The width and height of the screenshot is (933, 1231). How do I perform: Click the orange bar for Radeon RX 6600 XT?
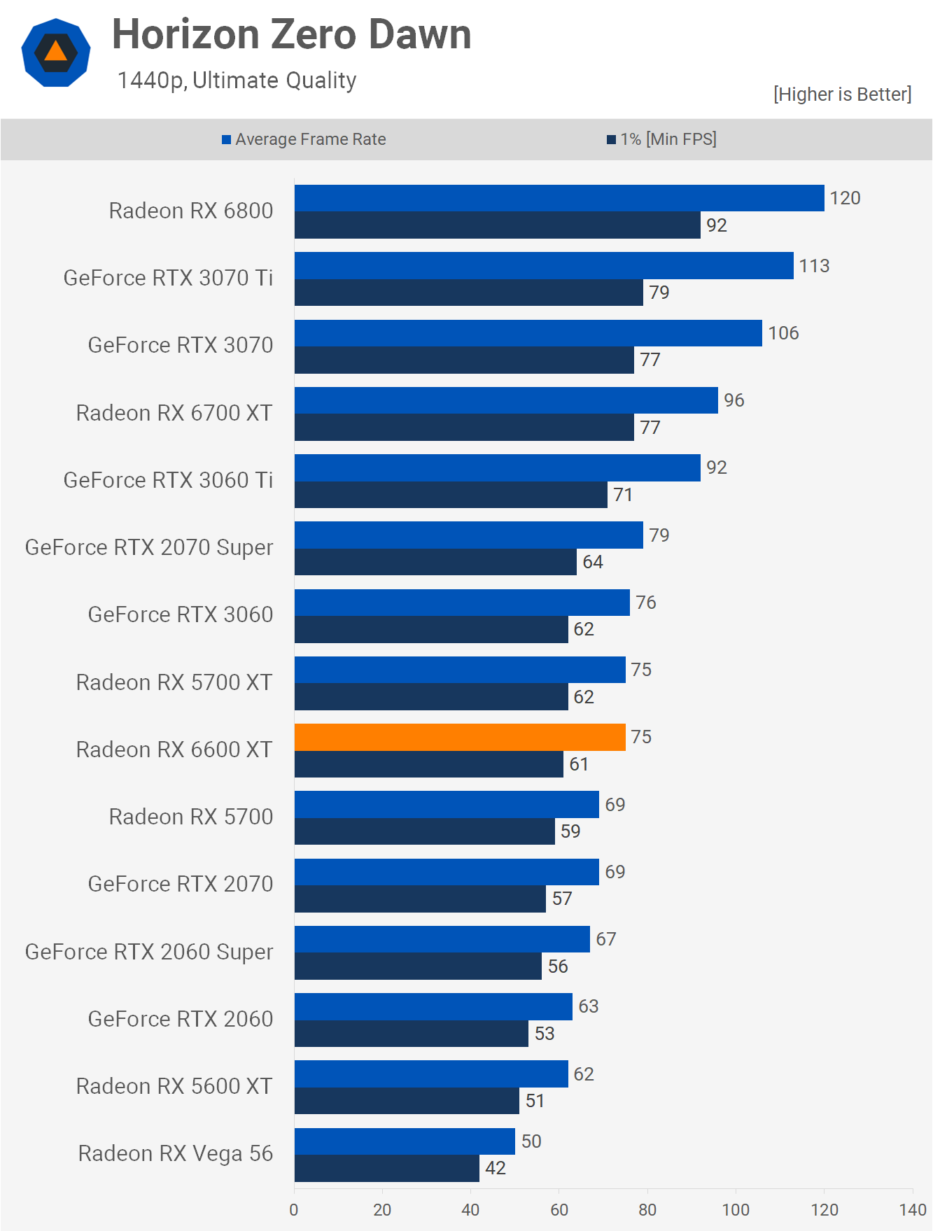(460, 737)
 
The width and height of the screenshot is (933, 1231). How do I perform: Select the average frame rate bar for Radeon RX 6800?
(559, 198)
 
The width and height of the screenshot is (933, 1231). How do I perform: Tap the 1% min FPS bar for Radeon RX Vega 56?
(386, 1168)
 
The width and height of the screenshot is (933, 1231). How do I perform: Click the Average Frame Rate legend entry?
(304, 139)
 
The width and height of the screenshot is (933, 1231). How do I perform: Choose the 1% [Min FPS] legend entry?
(661, 139)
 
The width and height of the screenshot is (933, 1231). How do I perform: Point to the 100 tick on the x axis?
(736, 1209)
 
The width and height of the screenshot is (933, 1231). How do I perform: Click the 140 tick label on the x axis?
(913, 1209)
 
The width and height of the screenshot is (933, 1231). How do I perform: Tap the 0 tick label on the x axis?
(294, 1209)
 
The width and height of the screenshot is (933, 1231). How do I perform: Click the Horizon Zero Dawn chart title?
(291, 34)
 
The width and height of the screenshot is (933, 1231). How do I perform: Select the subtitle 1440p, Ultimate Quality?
(237, 80)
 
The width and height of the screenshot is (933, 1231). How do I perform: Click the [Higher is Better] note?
(842, 94)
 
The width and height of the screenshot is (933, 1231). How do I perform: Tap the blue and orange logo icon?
(56, 52)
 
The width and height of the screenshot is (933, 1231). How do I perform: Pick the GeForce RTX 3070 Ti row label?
(168, 278)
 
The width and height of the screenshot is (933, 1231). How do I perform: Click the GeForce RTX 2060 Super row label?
(149, 952)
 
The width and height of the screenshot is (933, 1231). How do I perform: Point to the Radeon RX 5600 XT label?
(174, 1086)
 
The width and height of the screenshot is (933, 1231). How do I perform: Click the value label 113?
(814, 266)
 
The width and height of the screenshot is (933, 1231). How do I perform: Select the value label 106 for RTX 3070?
(783, 333)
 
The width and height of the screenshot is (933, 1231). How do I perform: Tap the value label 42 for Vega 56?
(496, 1168)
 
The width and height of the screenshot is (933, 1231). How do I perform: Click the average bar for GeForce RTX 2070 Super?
(468, 535)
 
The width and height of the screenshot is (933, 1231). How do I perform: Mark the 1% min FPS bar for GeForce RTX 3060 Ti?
(451, 495)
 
